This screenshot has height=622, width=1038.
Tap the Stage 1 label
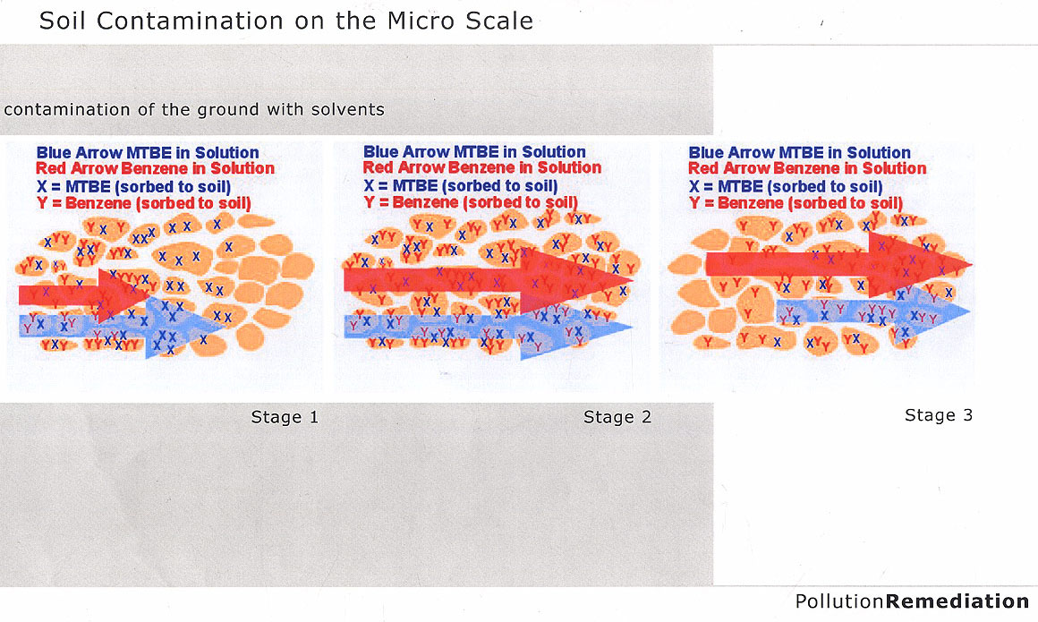285,417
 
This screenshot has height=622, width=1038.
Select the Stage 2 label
617,417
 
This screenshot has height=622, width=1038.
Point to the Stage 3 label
939,415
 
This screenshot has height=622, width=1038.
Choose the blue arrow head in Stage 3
932,312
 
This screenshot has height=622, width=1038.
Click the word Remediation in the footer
957,601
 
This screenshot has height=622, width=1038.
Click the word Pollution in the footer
839,601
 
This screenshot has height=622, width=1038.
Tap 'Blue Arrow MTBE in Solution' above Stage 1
148,152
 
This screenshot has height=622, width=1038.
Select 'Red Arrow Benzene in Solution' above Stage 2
482,167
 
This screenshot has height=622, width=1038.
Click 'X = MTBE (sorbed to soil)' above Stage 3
786,187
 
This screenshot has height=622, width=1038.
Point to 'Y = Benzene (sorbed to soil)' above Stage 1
144,203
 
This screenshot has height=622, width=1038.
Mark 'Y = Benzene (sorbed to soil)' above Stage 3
796,203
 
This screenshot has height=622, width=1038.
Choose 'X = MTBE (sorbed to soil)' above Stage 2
461,186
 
